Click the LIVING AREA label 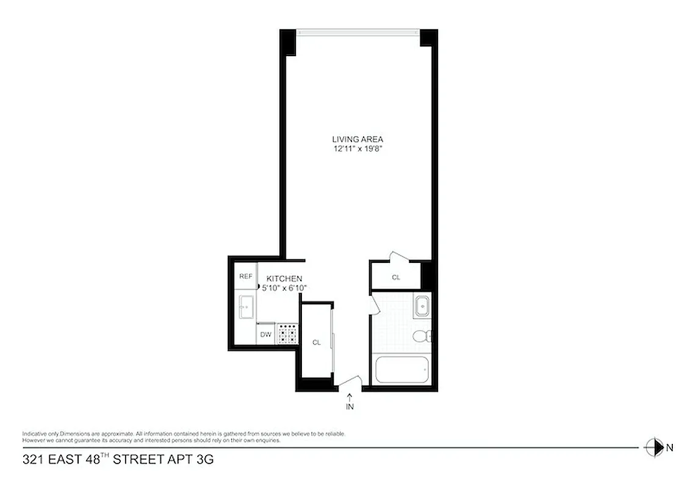click(x=358, y=139)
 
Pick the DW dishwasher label click(x=265, y=334)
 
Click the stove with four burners click(x=287, y=334)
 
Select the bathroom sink click(x=422, y=305)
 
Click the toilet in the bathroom click(x=421, y=335)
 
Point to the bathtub click(x=401, y=370)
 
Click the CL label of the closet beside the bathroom click(x=396, y=278)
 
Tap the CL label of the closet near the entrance click(x=316, y=343)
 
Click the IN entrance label click(x=350, y=406)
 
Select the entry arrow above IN click(x=350, y=396)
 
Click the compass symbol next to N click(x=653, y=447)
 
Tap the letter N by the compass click(x=669, y=448)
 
